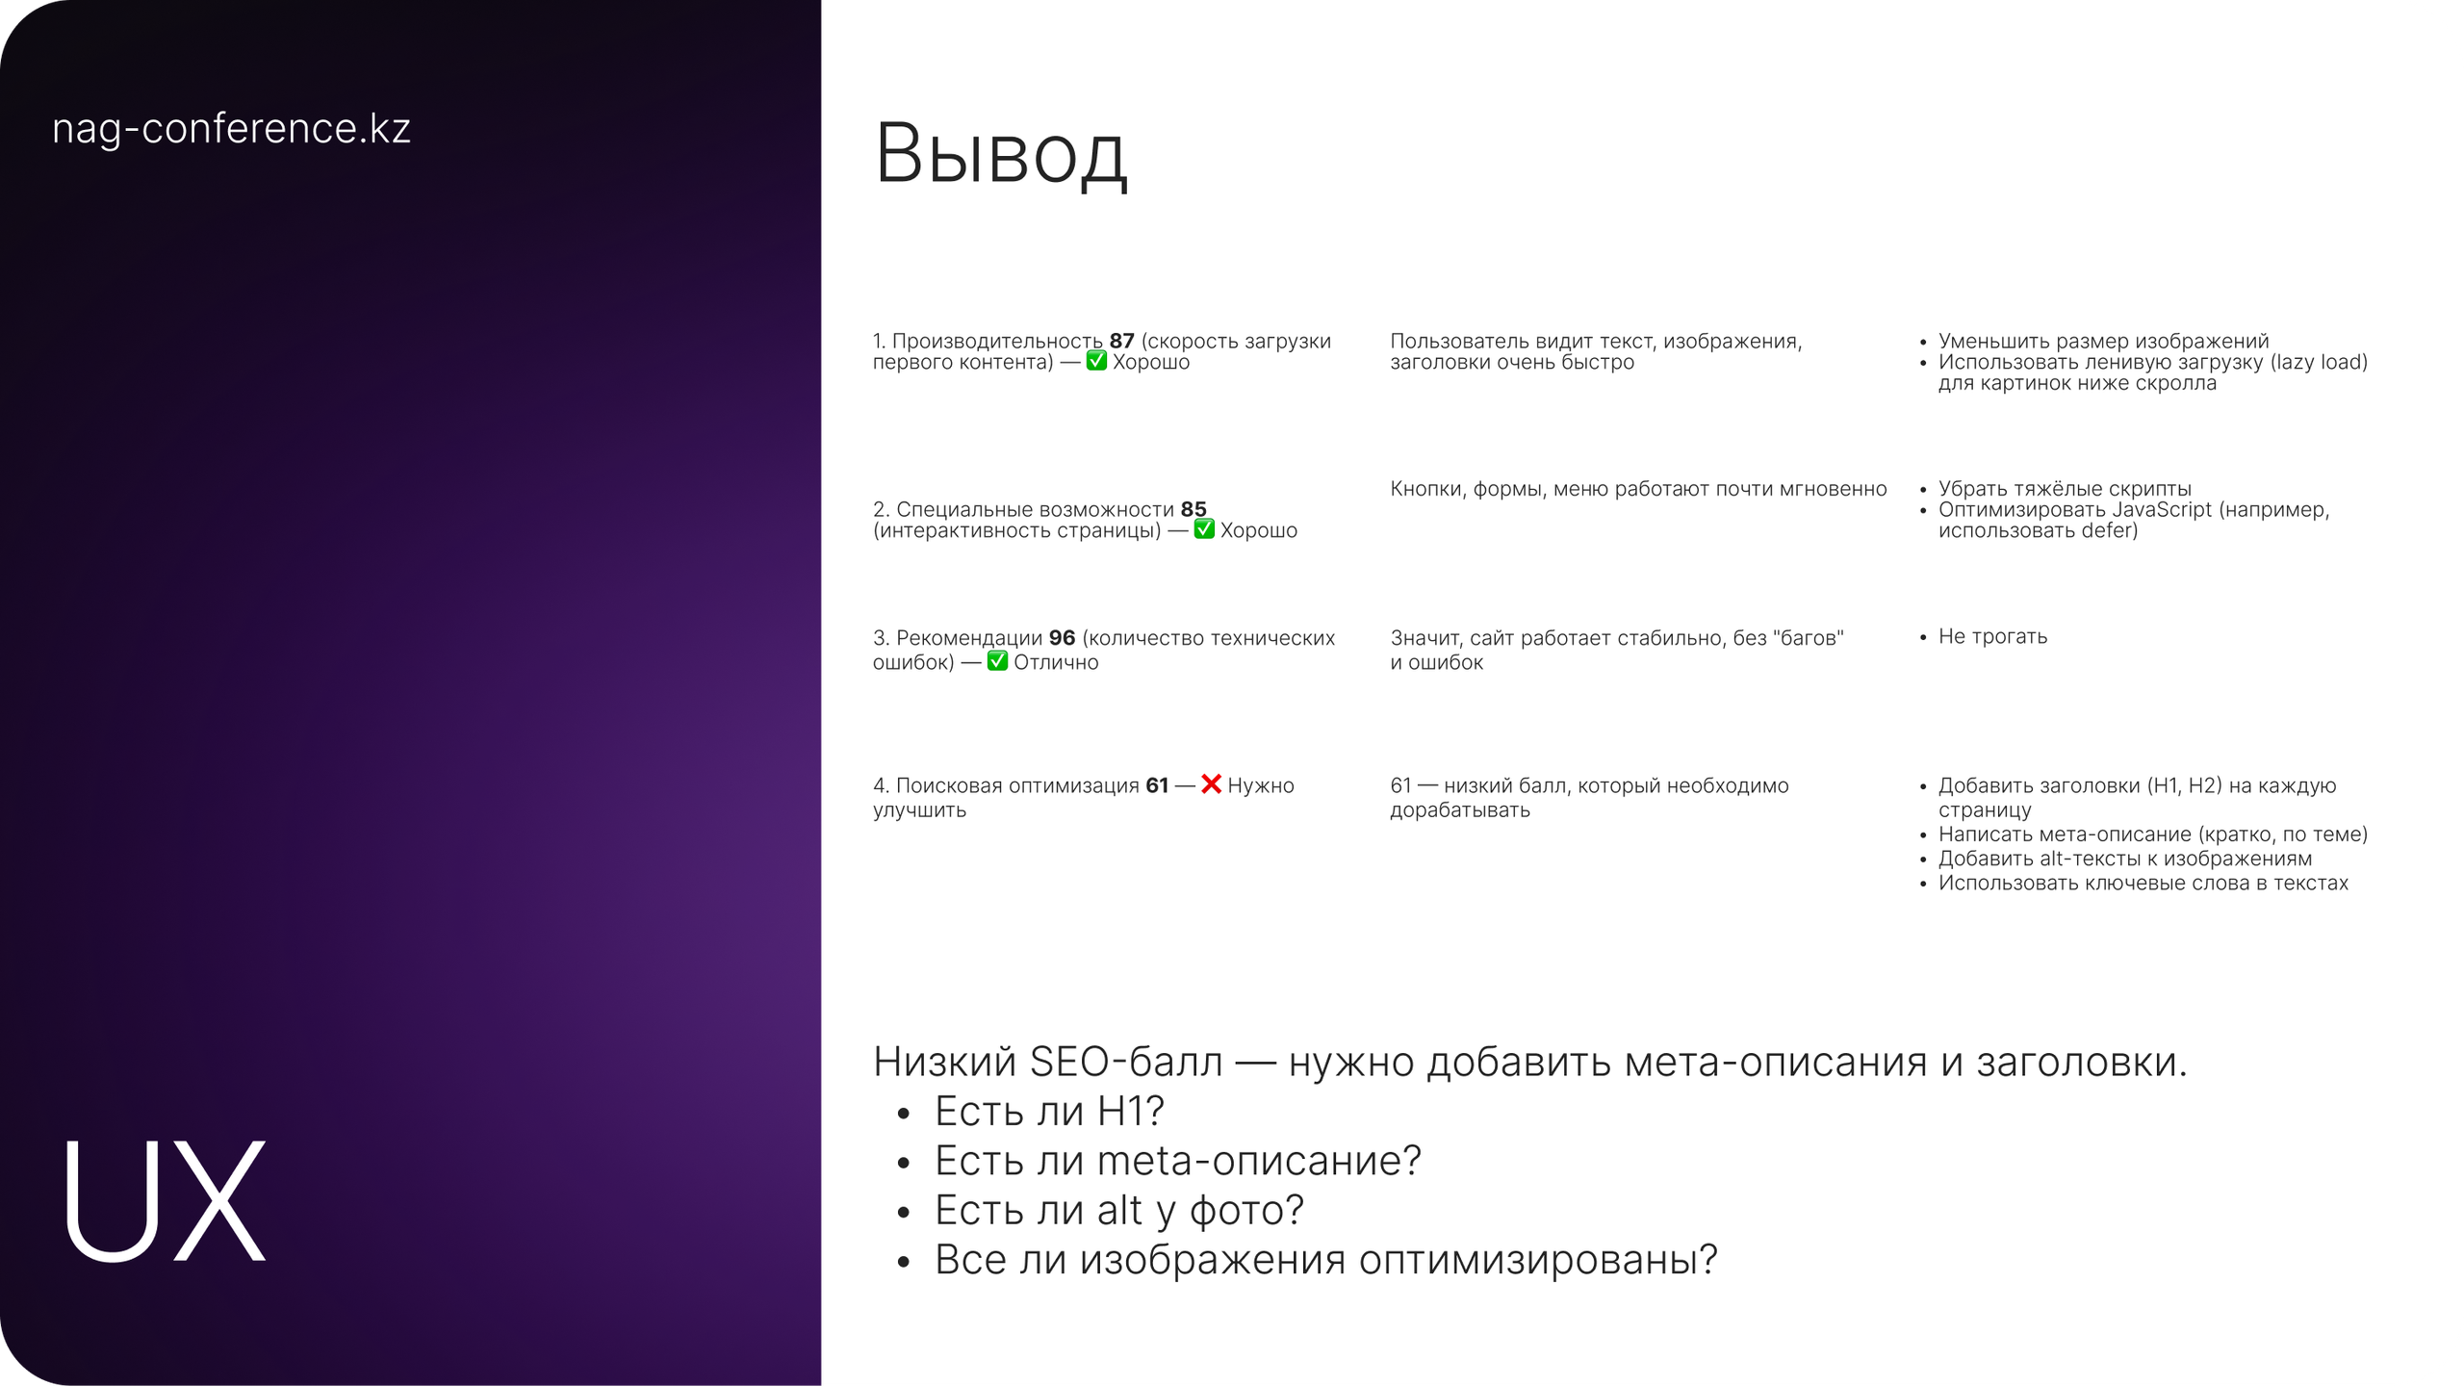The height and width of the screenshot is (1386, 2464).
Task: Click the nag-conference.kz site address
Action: pyautogui.click(x=231, y=129)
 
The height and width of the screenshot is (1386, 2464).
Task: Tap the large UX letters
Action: pyautogui.click(x=164, y=1200)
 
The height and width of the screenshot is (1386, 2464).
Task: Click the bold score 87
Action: pyautogui.click(x=1121, y=341)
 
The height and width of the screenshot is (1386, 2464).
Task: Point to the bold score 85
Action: pyautogui.click(x=1193, y=509)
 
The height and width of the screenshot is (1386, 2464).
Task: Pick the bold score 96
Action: pyautogui.click(x=1062, y=638)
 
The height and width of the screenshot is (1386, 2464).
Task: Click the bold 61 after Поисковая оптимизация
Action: pyautogui.click(x=1157, y=785)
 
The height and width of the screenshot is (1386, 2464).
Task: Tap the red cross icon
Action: pyautogui.click(x=1211, y=784)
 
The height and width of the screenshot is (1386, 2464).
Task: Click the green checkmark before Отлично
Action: pyautogui.click(x=997, y=661)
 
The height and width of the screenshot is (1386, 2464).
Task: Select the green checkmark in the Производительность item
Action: pyautogui.click(x=1096, y=361)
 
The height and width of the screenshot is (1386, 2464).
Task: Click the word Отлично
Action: pyautogui.click(x=1056, y=662)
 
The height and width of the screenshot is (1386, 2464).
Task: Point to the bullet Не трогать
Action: pyautogui.click(x=1992, y=636)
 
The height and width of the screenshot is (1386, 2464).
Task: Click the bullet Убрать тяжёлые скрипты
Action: pyautogui.click(x=2065, y=488)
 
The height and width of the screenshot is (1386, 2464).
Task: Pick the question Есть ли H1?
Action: pyautogui.click(x=1049, y=1112)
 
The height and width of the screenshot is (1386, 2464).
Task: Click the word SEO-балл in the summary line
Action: pyautogui.click(x=1126, y=1062)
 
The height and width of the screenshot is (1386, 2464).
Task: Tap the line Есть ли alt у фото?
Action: pyautogui.click(x=1118, y=1211)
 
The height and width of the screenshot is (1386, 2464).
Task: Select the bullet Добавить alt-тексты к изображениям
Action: pyautogui.click(x=2124, y=859)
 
